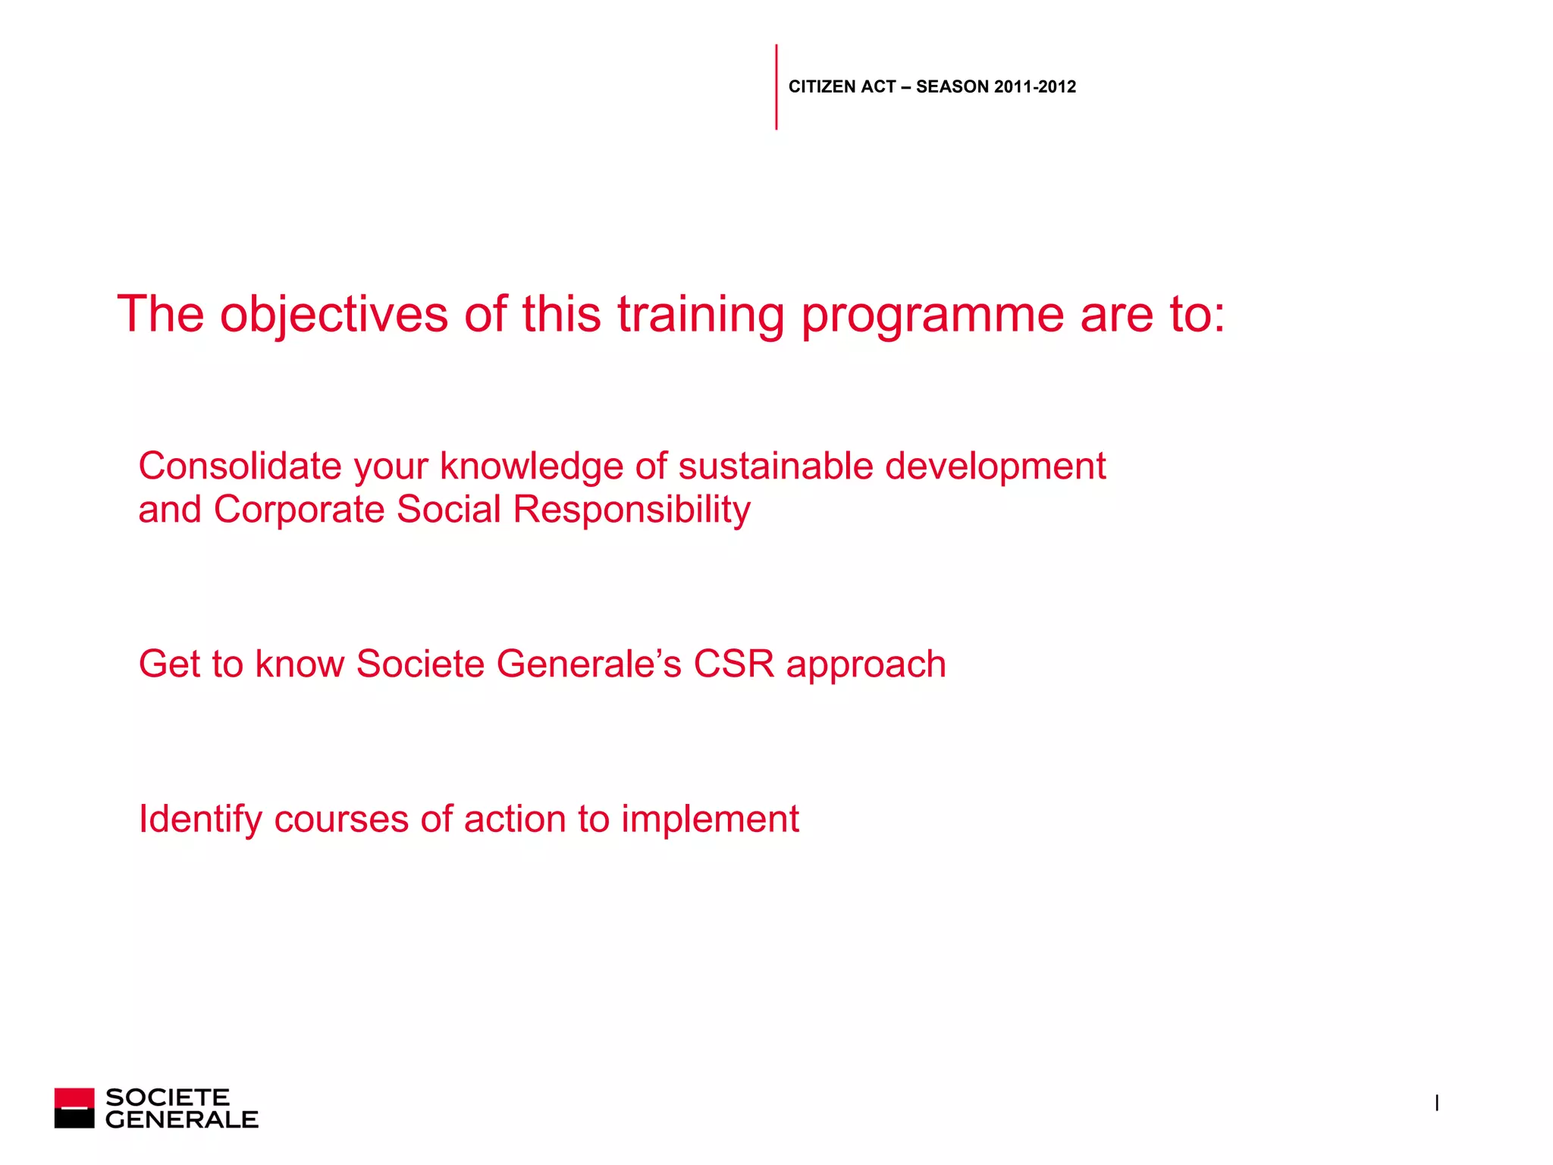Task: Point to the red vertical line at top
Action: coord(776,86)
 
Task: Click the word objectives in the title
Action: coord(334,314)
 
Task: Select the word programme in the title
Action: coord(932,314)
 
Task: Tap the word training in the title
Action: coord(701,314)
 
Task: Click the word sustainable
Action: coord(775,466)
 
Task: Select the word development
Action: coord(995,466)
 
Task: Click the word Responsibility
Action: coord(632,509)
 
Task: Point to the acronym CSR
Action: coord(733,664)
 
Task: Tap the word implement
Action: coord(710,820)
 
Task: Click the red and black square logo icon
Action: coord(74,1108)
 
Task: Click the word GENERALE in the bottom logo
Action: coord(182,1119)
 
